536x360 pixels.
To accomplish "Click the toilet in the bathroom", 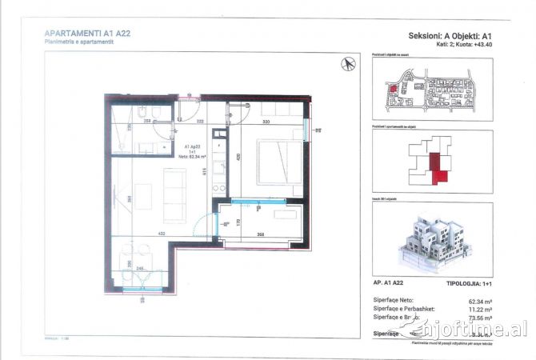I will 138,121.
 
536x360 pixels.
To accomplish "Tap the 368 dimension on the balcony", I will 261,234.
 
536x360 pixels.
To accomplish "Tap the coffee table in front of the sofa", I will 143,195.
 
